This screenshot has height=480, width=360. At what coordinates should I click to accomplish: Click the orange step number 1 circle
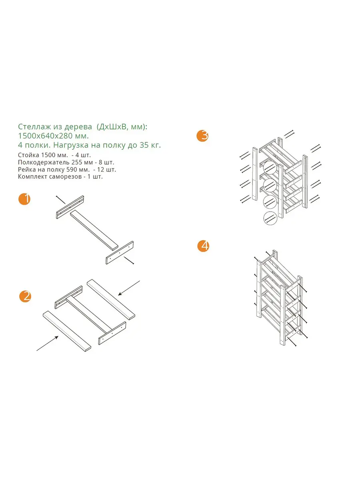(x=24, y=199)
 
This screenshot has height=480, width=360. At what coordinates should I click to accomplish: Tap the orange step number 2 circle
(x=25, y=296)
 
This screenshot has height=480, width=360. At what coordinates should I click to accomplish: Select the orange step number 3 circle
(x=202, y=136)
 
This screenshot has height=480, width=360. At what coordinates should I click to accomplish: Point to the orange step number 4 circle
(x=203, y=246)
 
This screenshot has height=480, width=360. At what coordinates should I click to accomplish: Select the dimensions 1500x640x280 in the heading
(x=45, y=136)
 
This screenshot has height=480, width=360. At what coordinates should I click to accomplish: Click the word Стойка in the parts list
(x=29, y=155)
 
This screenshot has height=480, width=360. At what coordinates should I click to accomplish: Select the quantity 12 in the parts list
(x=101, y=170)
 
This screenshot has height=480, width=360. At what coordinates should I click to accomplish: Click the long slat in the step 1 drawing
(x=94, y=230)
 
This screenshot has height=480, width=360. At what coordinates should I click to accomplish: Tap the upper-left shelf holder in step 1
(x=70, y=207)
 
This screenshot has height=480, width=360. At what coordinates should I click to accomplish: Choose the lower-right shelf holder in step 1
(x=120, y=253)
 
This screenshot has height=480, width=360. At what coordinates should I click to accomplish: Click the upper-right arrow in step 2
(x=129, y=288)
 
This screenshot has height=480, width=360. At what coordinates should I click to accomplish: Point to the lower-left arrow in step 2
(x=48, y=344)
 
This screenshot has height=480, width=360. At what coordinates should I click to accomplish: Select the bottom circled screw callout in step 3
(x=270, y=218)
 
